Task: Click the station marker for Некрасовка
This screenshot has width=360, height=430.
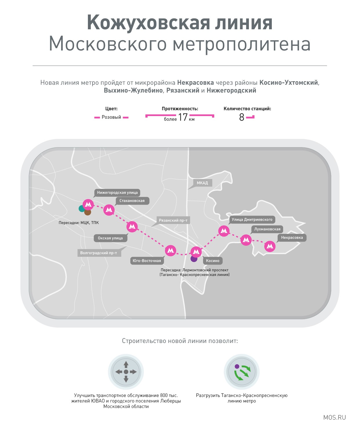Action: (x=270, y=246)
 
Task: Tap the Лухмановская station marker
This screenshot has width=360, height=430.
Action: (x=246, y=240)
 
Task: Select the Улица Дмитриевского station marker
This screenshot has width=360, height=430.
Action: (x=224, y=231)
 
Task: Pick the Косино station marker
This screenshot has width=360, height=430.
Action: (x=196, y=252)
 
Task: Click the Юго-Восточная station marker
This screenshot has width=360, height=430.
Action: (x=171, y=251)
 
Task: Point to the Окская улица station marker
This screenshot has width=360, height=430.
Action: (x=132, y=227)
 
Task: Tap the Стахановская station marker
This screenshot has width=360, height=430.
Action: (x=109, y=210)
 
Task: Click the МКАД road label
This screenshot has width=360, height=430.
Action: (x=202, y=183)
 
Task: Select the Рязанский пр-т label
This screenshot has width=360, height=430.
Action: (x=173, y=220)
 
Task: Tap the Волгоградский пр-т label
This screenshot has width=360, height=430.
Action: (x=99, y=253)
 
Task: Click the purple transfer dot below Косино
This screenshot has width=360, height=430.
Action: (x=194, y=259)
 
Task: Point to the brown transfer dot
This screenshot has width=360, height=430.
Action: (x=88, y=212)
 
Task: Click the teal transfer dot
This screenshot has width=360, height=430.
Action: (x=82, y=209)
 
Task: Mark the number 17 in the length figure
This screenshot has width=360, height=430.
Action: (x=183, y=117)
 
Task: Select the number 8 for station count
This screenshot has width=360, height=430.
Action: (x=242, y=117)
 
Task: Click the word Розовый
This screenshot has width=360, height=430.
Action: (x=111, y=117)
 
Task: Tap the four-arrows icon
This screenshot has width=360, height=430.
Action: (x=126, y=372)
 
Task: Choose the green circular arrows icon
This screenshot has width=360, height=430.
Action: (x=242, y=372)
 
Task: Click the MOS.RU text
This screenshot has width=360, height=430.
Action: (x=334, y=418)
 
